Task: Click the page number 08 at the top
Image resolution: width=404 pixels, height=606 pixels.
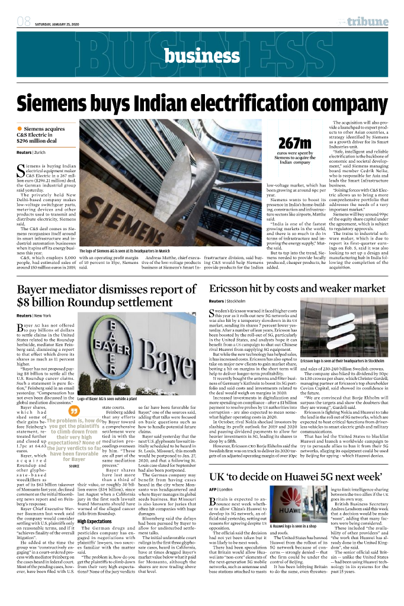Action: (24, 22)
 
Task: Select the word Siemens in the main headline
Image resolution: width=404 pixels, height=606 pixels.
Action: (57, 104)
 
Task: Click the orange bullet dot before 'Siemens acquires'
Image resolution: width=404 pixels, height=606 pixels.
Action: (19, 128)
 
